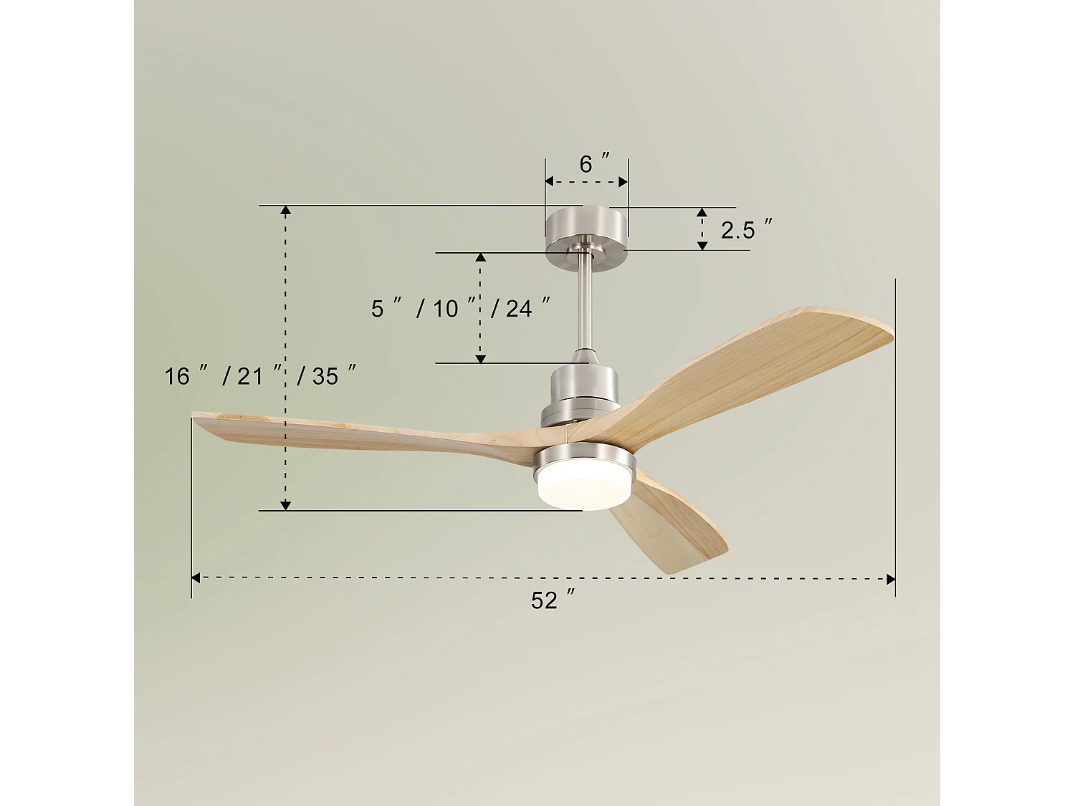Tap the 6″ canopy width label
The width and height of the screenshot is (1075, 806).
click(593, 164)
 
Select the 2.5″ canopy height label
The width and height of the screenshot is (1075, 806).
click(746, 230)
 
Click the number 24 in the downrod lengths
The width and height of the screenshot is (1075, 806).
click(519, 309)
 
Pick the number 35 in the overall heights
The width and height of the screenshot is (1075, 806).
click(325, 376)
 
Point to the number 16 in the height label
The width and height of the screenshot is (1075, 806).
click(177, 376)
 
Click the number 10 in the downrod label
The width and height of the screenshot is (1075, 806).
click(445, 309)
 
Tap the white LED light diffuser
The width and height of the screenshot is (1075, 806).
click(585, 488)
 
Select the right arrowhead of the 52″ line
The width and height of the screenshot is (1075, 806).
click(891, 579)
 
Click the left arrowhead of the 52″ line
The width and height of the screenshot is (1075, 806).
click(196, 577)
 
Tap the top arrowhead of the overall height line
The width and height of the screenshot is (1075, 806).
click(285, 211)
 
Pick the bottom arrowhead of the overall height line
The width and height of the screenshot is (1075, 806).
click(285, 506)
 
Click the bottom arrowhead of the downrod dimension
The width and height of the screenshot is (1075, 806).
click(481, 358)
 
